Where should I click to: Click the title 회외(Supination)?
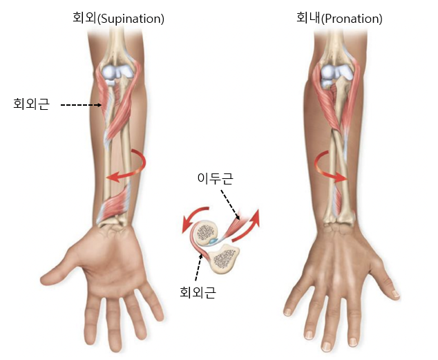(118, 19)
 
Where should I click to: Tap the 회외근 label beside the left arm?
(31, 105)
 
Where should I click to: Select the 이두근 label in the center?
(216, 179)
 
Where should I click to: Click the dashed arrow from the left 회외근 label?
(82, 105)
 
